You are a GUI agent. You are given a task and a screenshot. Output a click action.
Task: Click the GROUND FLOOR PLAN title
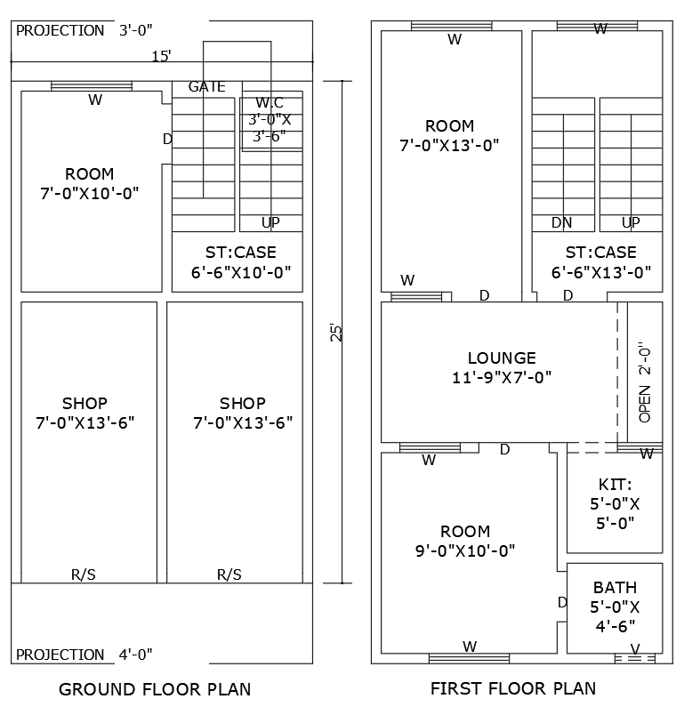click(x=155, y=688)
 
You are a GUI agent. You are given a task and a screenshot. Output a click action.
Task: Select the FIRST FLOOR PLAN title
click(x=513, y=688)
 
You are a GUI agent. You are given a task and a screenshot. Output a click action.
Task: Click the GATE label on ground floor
click(x=206, y=86)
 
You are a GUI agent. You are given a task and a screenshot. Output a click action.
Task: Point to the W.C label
click(x=270, y=102)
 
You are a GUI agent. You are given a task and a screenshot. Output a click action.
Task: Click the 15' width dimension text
click(x=161, y=56)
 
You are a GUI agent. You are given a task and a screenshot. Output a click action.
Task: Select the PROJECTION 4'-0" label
click(x=84, y=655)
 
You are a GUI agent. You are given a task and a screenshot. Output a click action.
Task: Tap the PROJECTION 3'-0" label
click(x=84, y=30)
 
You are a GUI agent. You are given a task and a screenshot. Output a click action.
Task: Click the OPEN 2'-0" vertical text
click(x=645, y=382)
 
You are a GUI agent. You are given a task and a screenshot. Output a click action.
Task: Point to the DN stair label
click(x=561, y=222)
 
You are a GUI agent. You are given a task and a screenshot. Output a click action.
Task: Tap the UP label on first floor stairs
click(x=631, y=222)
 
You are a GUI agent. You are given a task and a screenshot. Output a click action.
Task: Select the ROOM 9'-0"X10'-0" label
click(x=465, y=541)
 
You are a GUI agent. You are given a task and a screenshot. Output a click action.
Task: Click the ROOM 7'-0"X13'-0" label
click(x=449, y=135)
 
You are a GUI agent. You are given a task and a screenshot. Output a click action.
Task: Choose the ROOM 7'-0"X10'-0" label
click(x=90, y=183)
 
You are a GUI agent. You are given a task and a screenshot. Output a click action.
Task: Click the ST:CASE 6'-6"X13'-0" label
click(x=601, y=262)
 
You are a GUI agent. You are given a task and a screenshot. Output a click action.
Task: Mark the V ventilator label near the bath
click(x=634, y=647)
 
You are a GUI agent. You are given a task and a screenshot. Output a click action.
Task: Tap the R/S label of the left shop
click(x=84, y=574)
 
